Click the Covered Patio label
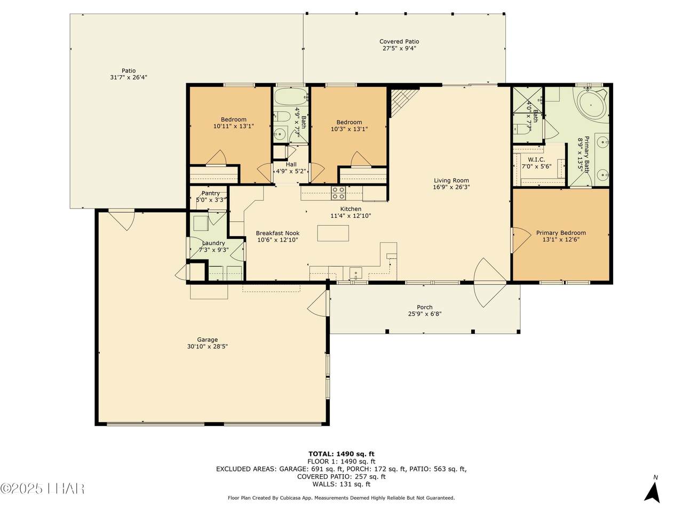point(399,42)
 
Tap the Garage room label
point(207,340)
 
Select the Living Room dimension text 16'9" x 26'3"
point(451,187)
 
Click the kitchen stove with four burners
point(338,193)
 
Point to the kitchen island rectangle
point(333,233)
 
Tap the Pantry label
point(211,194)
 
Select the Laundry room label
point(213,243)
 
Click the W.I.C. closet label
point(536,159)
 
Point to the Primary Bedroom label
point(561,233)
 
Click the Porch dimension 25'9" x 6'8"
point(425,314)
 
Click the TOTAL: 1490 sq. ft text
point(341,454)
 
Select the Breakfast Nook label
point(277,233)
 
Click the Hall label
point(291,164)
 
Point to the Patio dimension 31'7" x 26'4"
point(129,77)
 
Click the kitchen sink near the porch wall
point(355,273)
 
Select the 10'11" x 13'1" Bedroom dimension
point(233,126)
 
